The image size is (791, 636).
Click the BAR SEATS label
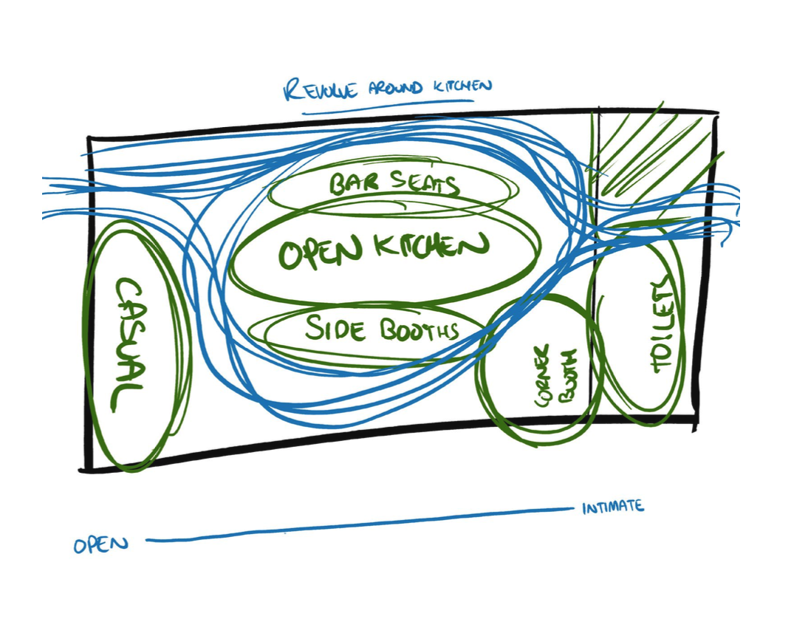click(393, 185)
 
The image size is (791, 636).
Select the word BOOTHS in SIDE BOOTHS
click(418, 329)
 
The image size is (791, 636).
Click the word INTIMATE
click(612, 507)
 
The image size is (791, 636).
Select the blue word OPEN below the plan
click(100, 545)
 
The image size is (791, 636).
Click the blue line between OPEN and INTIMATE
click(355, 525)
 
